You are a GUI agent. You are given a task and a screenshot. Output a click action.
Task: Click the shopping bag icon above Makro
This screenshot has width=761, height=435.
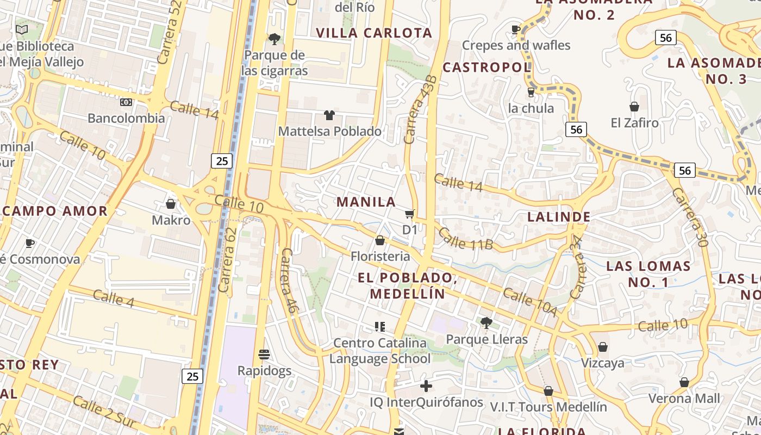coord(171,204)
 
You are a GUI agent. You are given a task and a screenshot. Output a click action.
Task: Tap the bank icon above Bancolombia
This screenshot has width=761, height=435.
coord(126,102)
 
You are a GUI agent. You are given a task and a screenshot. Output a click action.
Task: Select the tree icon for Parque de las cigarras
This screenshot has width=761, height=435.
coord(275,39)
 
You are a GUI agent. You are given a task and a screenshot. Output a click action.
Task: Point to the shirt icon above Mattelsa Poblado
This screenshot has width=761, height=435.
coord(329,115)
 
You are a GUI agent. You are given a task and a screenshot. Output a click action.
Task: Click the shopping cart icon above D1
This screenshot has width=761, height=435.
coord(410,214)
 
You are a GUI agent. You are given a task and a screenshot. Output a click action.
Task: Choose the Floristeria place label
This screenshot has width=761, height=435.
coord(380,256)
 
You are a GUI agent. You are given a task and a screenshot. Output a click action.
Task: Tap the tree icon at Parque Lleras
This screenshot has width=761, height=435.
coord(486,323)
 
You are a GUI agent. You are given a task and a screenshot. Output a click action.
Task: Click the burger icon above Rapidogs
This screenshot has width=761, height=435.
coord(264,355)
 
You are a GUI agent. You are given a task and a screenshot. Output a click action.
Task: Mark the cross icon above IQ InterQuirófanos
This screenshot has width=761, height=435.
coord(426,386)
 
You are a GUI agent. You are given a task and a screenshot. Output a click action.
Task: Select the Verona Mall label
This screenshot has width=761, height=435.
coord(684,399)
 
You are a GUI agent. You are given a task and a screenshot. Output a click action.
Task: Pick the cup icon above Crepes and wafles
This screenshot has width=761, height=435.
coord(516,29)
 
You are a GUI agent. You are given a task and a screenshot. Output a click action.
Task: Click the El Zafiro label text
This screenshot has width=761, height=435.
coord(634,123)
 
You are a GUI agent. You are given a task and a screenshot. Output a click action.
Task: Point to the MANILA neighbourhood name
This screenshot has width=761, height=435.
coord(366,202)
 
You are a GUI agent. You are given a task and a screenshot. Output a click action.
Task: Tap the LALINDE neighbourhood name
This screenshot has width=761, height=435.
coord(559,217)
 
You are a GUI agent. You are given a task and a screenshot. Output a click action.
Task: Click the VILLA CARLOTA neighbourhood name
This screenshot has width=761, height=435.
coord(374,33)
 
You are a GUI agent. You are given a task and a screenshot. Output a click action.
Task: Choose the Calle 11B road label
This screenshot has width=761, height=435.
coord(465,239)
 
